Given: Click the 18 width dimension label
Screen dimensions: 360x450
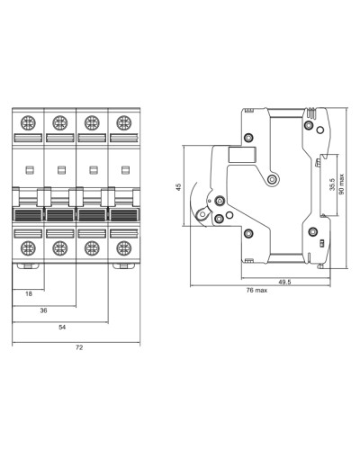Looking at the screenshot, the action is (x=29, y=294).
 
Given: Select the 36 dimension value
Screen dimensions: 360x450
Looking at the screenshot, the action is (x=43, y=310).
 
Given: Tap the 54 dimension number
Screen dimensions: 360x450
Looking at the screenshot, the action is (x=62, y=327).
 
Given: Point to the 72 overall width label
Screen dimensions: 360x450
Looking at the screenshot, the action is (x=79, y=347).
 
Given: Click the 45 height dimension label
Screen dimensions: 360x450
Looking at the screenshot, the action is (x=179, y=187).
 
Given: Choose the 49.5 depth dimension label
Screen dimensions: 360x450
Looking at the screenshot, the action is (x=284, y=282).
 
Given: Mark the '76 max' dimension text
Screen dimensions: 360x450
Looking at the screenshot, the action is (x=256, y=290).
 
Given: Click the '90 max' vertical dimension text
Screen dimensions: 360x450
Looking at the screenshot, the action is (x=342, y=184).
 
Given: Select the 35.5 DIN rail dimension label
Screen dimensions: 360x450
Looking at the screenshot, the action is (x=332, y=184).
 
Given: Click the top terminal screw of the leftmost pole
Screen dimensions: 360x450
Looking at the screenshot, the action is (x=28, y=123).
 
